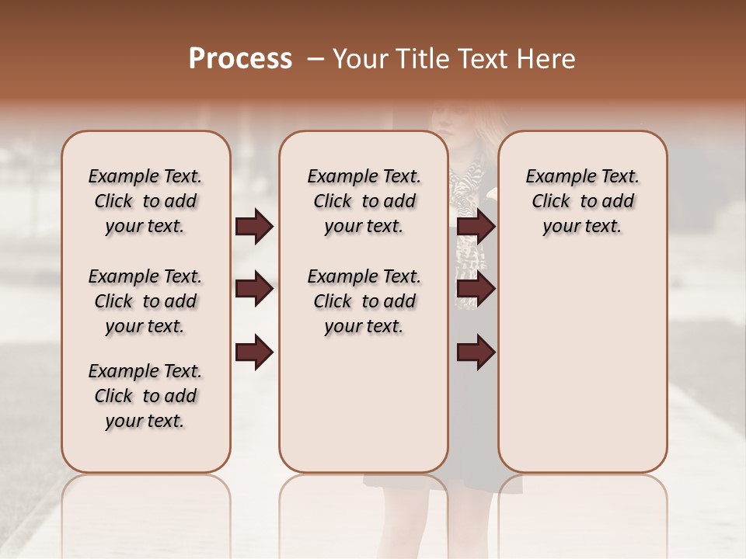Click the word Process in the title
tap(240, 59)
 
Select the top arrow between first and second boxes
tap(254, 226)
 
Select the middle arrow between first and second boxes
tap(254, 290)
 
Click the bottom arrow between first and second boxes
tap(254, 352)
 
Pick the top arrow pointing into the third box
tap(476, 226)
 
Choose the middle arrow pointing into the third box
tap(476, 290)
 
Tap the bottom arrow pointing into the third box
tap(476, 352)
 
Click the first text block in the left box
tap(145, 201)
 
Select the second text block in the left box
tap(145, 301)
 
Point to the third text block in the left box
tap(145, 396)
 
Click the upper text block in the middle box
tap(364, 201)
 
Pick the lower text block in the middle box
tap(364, 301)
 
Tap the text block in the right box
tap(582, 201)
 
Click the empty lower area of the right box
tap(582, 373)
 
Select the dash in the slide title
tap(315, 59)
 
